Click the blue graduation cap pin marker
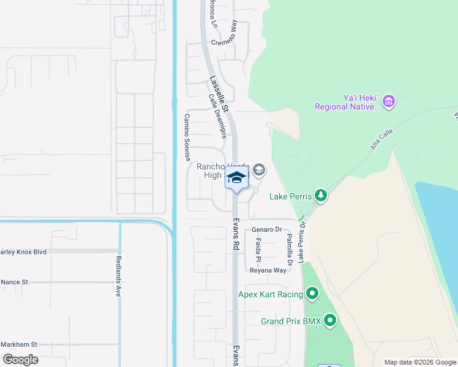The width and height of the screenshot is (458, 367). point(236,177)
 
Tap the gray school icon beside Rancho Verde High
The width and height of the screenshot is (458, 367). point(259,170)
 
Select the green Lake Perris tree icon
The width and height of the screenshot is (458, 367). point(320,196)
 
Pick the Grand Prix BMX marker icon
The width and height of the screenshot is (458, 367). point(331,320)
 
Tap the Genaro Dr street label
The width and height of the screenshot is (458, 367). point(266,230)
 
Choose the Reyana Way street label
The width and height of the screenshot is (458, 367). point(268,270)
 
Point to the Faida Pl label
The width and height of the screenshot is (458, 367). point(258,251)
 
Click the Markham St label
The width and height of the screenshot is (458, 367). point(19,344)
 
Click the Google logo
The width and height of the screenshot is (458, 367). point(20,359)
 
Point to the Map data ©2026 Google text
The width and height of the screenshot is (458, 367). point(419,362)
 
